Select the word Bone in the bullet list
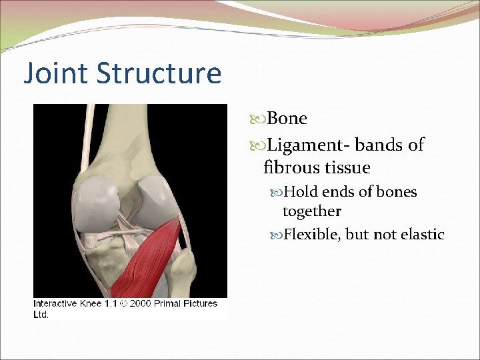coord(287,119)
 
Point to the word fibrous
coord(289,167)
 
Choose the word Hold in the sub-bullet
coord(301,192)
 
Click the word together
coord(311,211)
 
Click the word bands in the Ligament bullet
coord(378,145)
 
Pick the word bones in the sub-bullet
coord(397,192)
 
